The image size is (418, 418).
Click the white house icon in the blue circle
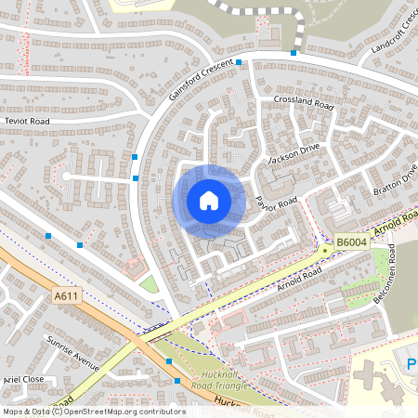pyautogui.click(x=209, y=201)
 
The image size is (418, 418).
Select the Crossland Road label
pyautogui.click(x=303, y=102)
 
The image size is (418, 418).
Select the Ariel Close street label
pyautogui.click(x=24, y=380)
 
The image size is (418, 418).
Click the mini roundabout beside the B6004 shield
pyautogui.click(x=324, y=249)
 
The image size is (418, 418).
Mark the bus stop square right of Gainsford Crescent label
pyautogui.click(x=239, y=63)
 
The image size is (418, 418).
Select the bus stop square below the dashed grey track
pyautogui.click(x=294, y=53)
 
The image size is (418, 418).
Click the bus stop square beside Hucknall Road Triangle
pyautogui.click(x=176, y=381)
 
